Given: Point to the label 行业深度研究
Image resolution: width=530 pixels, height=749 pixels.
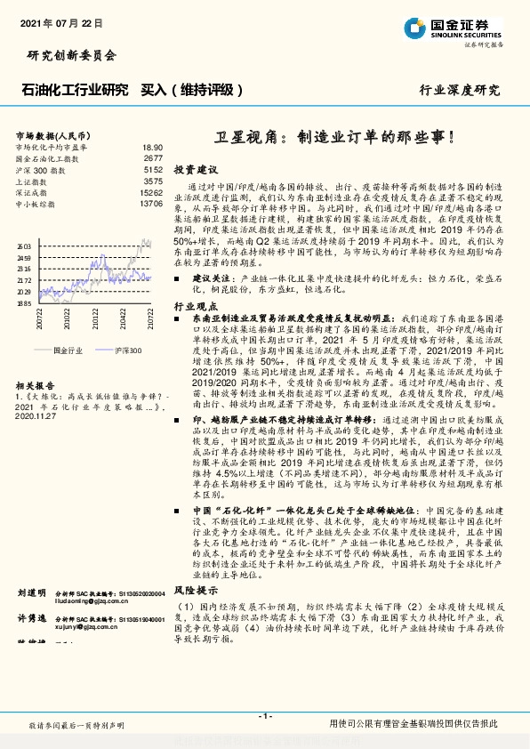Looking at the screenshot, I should (460, 91).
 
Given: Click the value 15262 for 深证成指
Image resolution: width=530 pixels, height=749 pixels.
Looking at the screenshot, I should (151, 192).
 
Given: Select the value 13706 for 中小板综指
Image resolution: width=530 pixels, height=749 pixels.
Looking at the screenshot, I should (151, 204).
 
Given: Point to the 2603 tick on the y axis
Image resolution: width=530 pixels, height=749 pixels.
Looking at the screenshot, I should (23, 246).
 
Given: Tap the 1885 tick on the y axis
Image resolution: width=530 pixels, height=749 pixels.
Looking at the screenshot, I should (23, 303).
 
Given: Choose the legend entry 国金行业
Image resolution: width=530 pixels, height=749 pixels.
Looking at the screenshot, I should (68, 351).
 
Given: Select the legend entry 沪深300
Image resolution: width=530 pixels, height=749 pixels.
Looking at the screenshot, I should (127, 351).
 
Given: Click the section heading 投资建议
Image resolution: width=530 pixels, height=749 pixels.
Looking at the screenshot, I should (195, 169).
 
